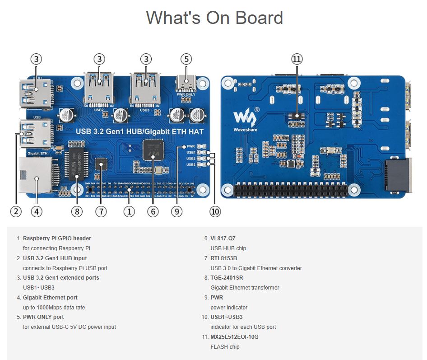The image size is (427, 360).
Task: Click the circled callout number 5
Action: [x=186, y=59]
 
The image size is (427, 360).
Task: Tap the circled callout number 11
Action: [x=297, y=59]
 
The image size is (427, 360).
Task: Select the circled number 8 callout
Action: [x=76, y=211]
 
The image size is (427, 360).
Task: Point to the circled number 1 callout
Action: [x=129, y=211]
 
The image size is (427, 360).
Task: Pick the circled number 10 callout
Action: [x=215, y=211]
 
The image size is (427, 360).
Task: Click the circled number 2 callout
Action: [x=16, y=211]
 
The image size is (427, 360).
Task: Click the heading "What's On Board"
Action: [x=214, y=18]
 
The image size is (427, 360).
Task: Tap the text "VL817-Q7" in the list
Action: [x=223, y=238]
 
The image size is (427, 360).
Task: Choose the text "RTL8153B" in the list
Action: [x=224, y=258]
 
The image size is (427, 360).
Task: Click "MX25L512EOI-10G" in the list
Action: [x=234, y=337]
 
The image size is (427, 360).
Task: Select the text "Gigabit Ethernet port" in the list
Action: [x=50, y=298]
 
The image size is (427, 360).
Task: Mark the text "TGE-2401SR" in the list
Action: [x=227, y=278]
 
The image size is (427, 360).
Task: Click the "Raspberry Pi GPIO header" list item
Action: [x=57, y=238]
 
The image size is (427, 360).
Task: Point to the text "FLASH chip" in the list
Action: [x=225, y=347]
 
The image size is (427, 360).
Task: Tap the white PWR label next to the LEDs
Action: [x=190, y=147]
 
